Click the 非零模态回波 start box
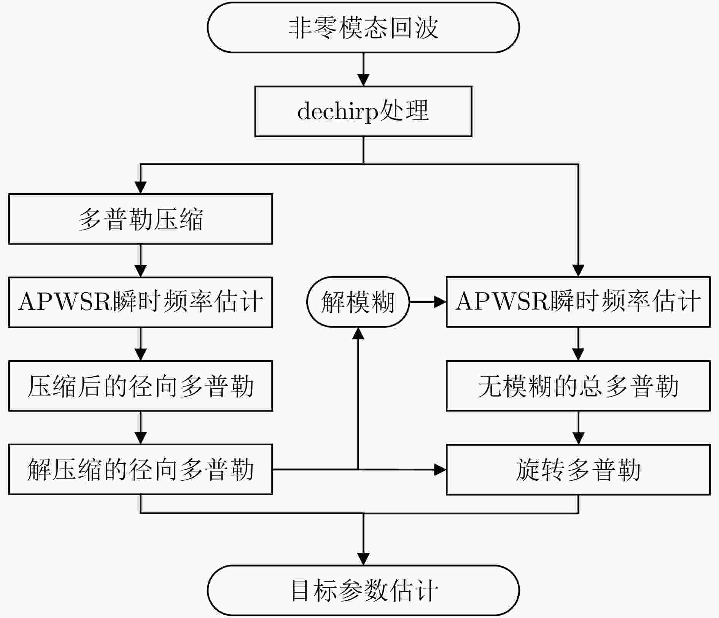[363, 28]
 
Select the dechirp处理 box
[363, 111]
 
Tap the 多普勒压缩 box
[140, 219]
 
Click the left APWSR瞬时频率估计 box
[140, 302]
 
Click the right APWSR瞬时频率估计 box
[578, 302]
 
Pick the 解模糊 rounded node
[358, 302]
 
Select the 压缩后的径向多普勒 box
[140, 386]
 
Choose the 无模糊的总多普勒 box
[578, 386]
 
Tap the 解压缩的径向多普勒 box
[140, 469]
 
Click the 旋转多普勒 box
[578, 469]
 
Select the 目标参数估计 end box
[363, 590]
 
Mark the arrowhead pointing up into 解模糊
[358, 333]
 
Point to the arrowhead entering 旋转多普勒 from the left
[440, 469]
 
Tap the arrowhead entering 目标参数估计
[363, 559]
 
